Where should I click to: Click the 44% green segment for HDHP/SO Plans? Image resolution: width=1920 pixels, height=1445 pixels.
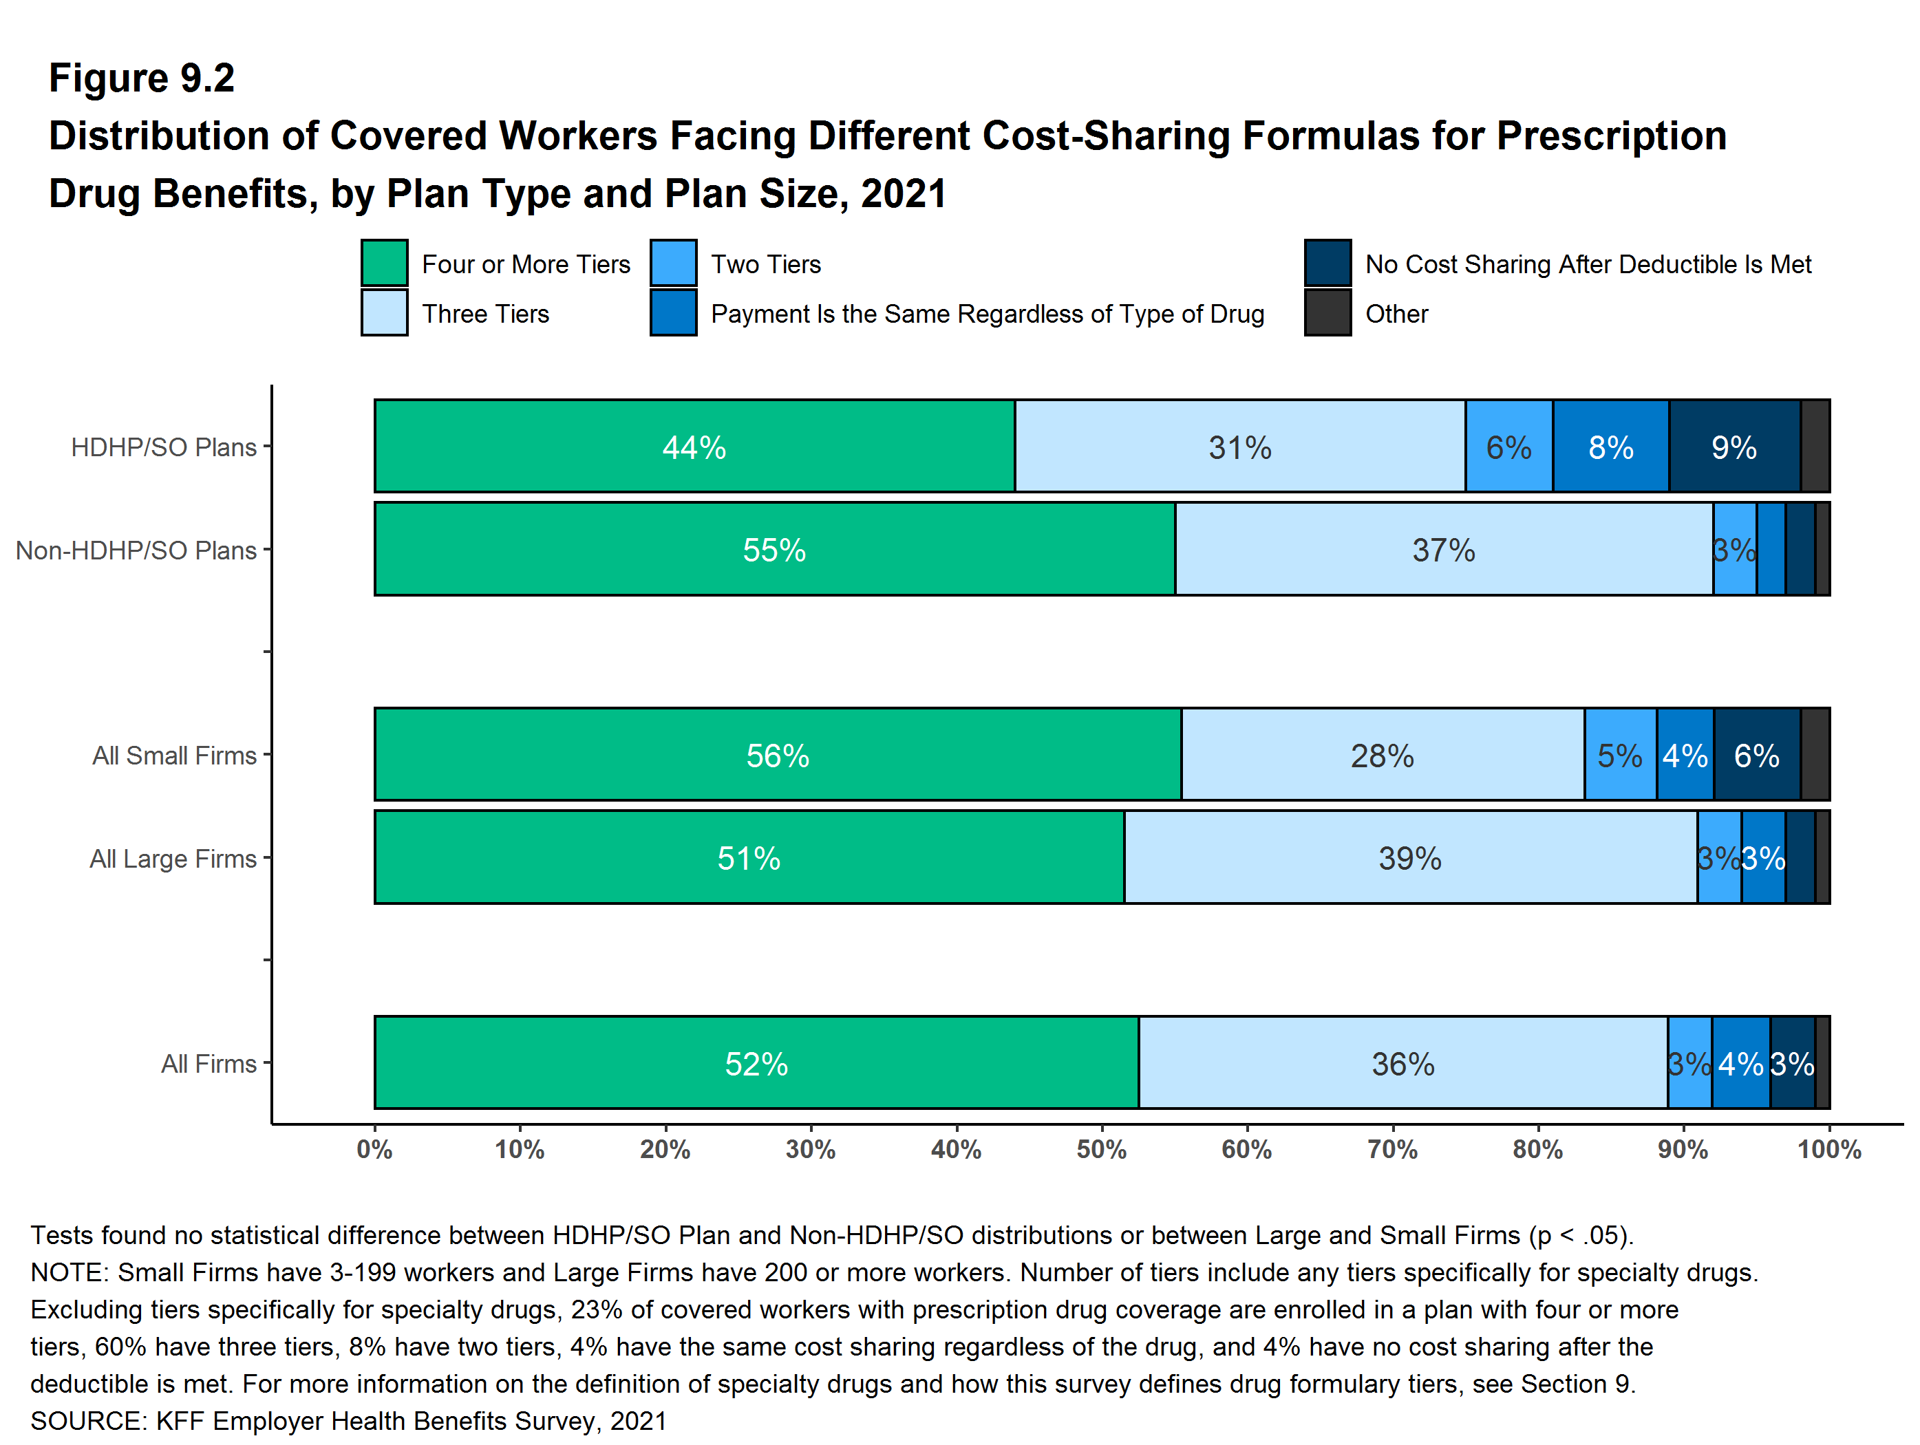694,447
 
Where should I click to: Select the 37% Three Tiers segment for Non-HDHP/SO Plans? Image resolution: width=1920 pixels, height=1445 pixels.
1444,549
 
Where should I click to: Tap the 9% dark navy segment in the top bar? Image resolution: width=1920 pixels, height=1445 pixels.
1734,447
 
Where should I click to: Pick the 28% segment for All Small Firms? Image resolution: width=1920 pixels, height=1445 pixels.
1382,755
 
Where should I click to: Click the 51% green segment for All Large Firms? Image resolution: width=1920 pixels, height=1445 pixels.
748,857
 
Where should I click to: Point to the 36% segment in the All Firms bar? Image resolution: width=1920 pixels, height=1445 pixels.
1402,1063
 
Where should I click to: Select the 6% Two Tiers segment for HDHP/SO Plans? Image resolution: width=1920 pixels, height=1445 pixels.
1508,447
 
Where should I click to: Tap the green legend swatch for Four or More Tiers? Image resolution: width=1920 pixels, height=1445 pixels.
385,263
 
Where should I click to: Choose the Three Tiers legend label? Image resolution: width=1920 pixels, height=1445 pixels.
485,313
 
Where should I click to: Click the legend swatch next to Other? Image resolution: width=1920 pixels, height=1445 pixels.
1327,312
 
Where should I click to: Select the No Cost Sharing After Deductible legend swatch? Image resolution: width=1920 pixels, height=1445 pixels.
1327,263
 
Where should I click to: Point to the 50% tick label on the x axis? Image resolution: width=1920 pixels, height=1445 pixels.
1102,1150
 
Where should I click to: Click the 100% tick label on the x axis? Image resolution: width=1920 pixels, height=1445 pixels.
1829,1150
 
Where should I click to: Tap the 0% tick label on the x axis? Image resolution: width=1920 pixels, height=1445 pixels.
375,1150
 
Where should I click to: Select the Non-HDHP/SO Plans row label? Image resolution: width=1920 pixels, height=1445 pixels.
136,550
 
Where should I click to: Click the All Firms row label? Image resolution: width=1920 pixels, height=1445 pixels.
209,1064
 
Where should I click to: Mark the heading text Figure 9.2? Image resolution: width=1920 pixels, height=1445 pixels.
142,78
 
